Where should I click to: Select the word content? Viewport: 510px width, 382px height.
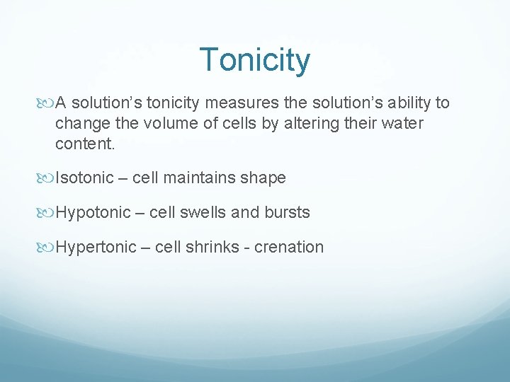tap(84, 144)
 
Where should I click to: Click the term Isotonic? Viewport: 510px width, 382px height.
tap(84, 178)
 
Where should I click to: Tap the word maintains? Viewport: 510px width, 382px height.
tap(198, 178)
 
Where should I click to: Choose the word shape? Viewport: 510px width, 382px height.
tap(263, 178)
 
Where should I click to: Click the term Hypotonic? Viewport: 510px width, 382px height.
tap(93, 212)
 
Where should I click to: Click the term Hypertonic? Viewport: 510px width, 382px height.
tap(96, 247)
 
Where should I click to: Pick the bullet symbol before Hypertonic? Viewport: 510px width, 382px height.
tap(48, 247)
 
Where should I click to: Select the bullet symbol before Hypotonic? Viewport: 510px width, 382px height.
tap(48, 212)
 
